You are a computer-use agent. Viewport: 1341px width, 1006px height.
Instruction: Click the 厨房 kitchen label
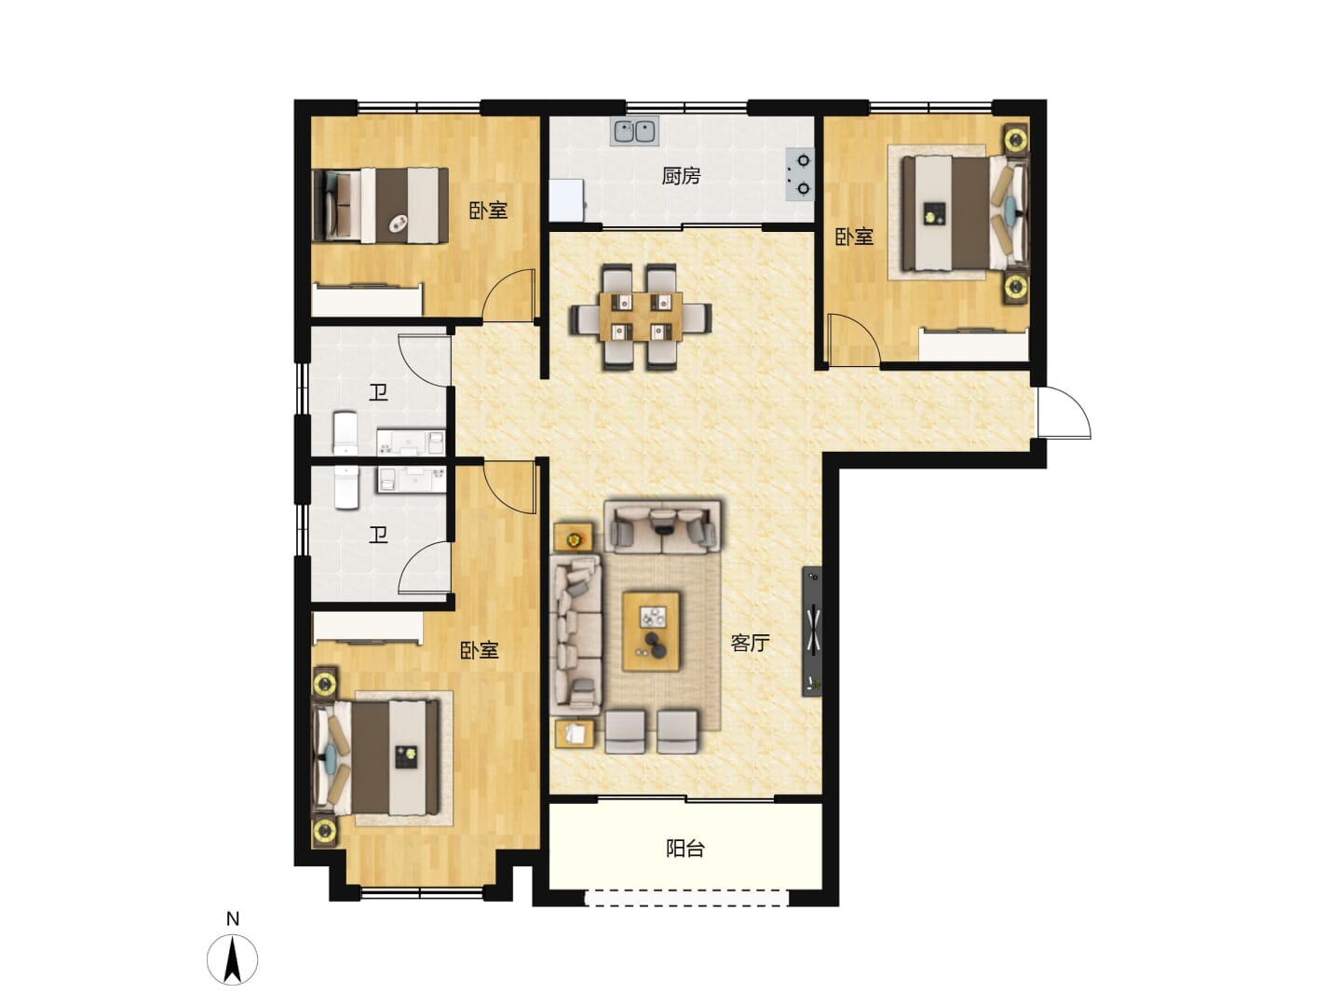(681, 177)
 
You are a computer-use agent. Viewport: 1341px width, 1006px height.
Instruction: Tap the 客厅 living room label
(749, 643)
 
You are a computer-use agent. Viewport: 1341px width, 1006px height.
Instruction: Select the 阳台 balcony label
(684, 849)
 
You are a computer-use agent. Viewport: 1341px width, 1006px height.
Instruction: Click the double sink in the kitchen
(634, 131)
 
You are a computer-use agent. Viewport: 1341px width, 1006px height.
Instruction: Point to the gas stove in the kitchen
(800, 175)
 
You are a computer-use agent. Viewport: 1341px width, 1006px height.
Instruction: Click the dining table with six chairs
(641, 317)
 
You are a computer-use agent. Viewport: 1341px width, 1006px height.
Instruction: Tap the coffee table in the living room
(651, 631)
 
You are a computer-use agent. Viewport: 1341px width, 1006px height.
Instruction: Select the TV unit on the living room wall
(811, 631)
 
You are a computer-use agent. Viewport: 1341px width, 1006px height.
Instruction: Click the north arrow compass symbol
(232, 959)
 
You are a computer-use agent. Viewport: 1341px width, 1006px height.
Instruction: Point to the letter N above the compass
(233, 918)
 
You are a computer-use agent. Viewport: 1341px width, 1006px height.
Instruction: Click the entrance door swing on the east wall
(1064, 413)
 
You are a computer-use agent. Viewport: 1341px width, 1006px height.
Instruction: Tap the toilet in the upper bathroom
(345, 432)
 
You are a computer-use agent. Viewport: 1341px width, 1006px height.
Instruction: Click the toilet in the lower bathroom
(346, 487)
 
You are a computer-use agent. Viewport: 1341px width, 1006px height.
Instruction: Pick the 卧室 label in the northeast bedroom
(854, 237)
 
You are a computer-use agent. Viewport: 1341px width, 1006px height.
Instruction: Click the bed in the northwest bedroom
(380, 206)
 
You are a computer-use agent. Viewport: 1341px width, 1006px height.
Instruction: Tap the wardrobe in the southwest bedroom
(368, 627)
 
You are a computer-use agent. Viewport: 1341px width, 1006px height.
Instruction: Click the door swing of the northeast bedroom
(853, 340)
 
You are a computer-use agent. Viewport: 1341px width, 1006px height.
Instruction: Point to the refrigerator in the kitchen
(566, 199)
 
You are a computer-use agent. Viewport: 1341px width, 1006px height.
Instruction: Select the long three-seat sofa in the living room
(576, 634)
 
